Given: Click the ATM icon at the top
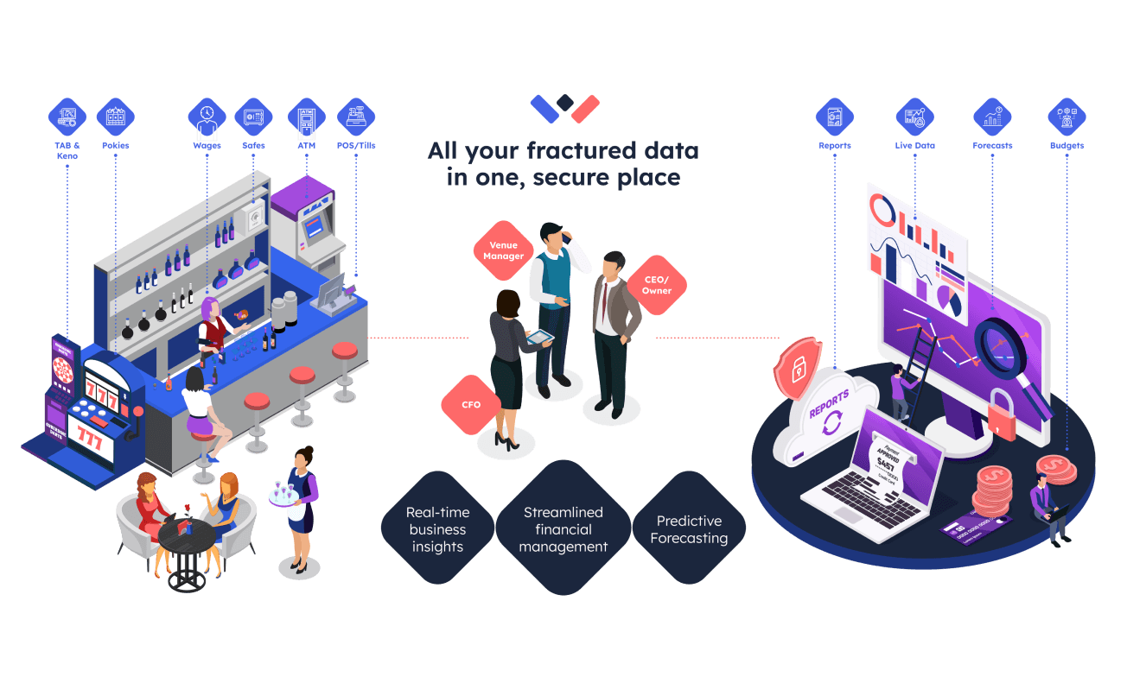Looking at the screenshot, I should click(x=307, y=117).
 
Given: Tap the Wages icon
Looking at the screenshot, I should click(x=207, y=117).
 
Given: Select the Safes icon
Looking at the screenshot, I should click(x=253, y=117).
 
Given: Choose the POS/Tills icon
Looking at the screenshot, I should click(x=355, y=117).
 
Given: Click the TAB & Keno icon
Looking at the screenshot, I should click(x=67, y=117).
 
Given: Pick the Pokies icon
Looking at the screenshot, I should click(x=115, y=117).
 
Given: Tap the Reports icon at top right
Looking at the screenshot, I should click(x=835, y=117).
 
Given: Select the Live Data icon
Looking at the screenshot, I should click(x=914, y=117).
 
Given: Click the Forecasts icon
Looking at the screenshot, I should click(x=992, y=117).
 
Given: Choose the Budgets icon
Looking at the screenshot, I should click(x=1067, y=117).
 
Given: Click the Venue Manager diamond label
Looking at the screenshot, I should click(x=503, y=250).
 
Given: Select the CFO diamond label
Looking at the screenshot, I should click(x=471, y=404).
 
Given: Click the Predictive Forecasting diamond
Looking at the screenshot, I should click(x=689, y=529).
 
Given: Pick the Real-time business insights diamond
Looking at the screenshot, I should click(x=437, y=529).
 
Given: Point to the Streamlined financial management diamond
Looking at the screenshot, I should click(x=563, y=528).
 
